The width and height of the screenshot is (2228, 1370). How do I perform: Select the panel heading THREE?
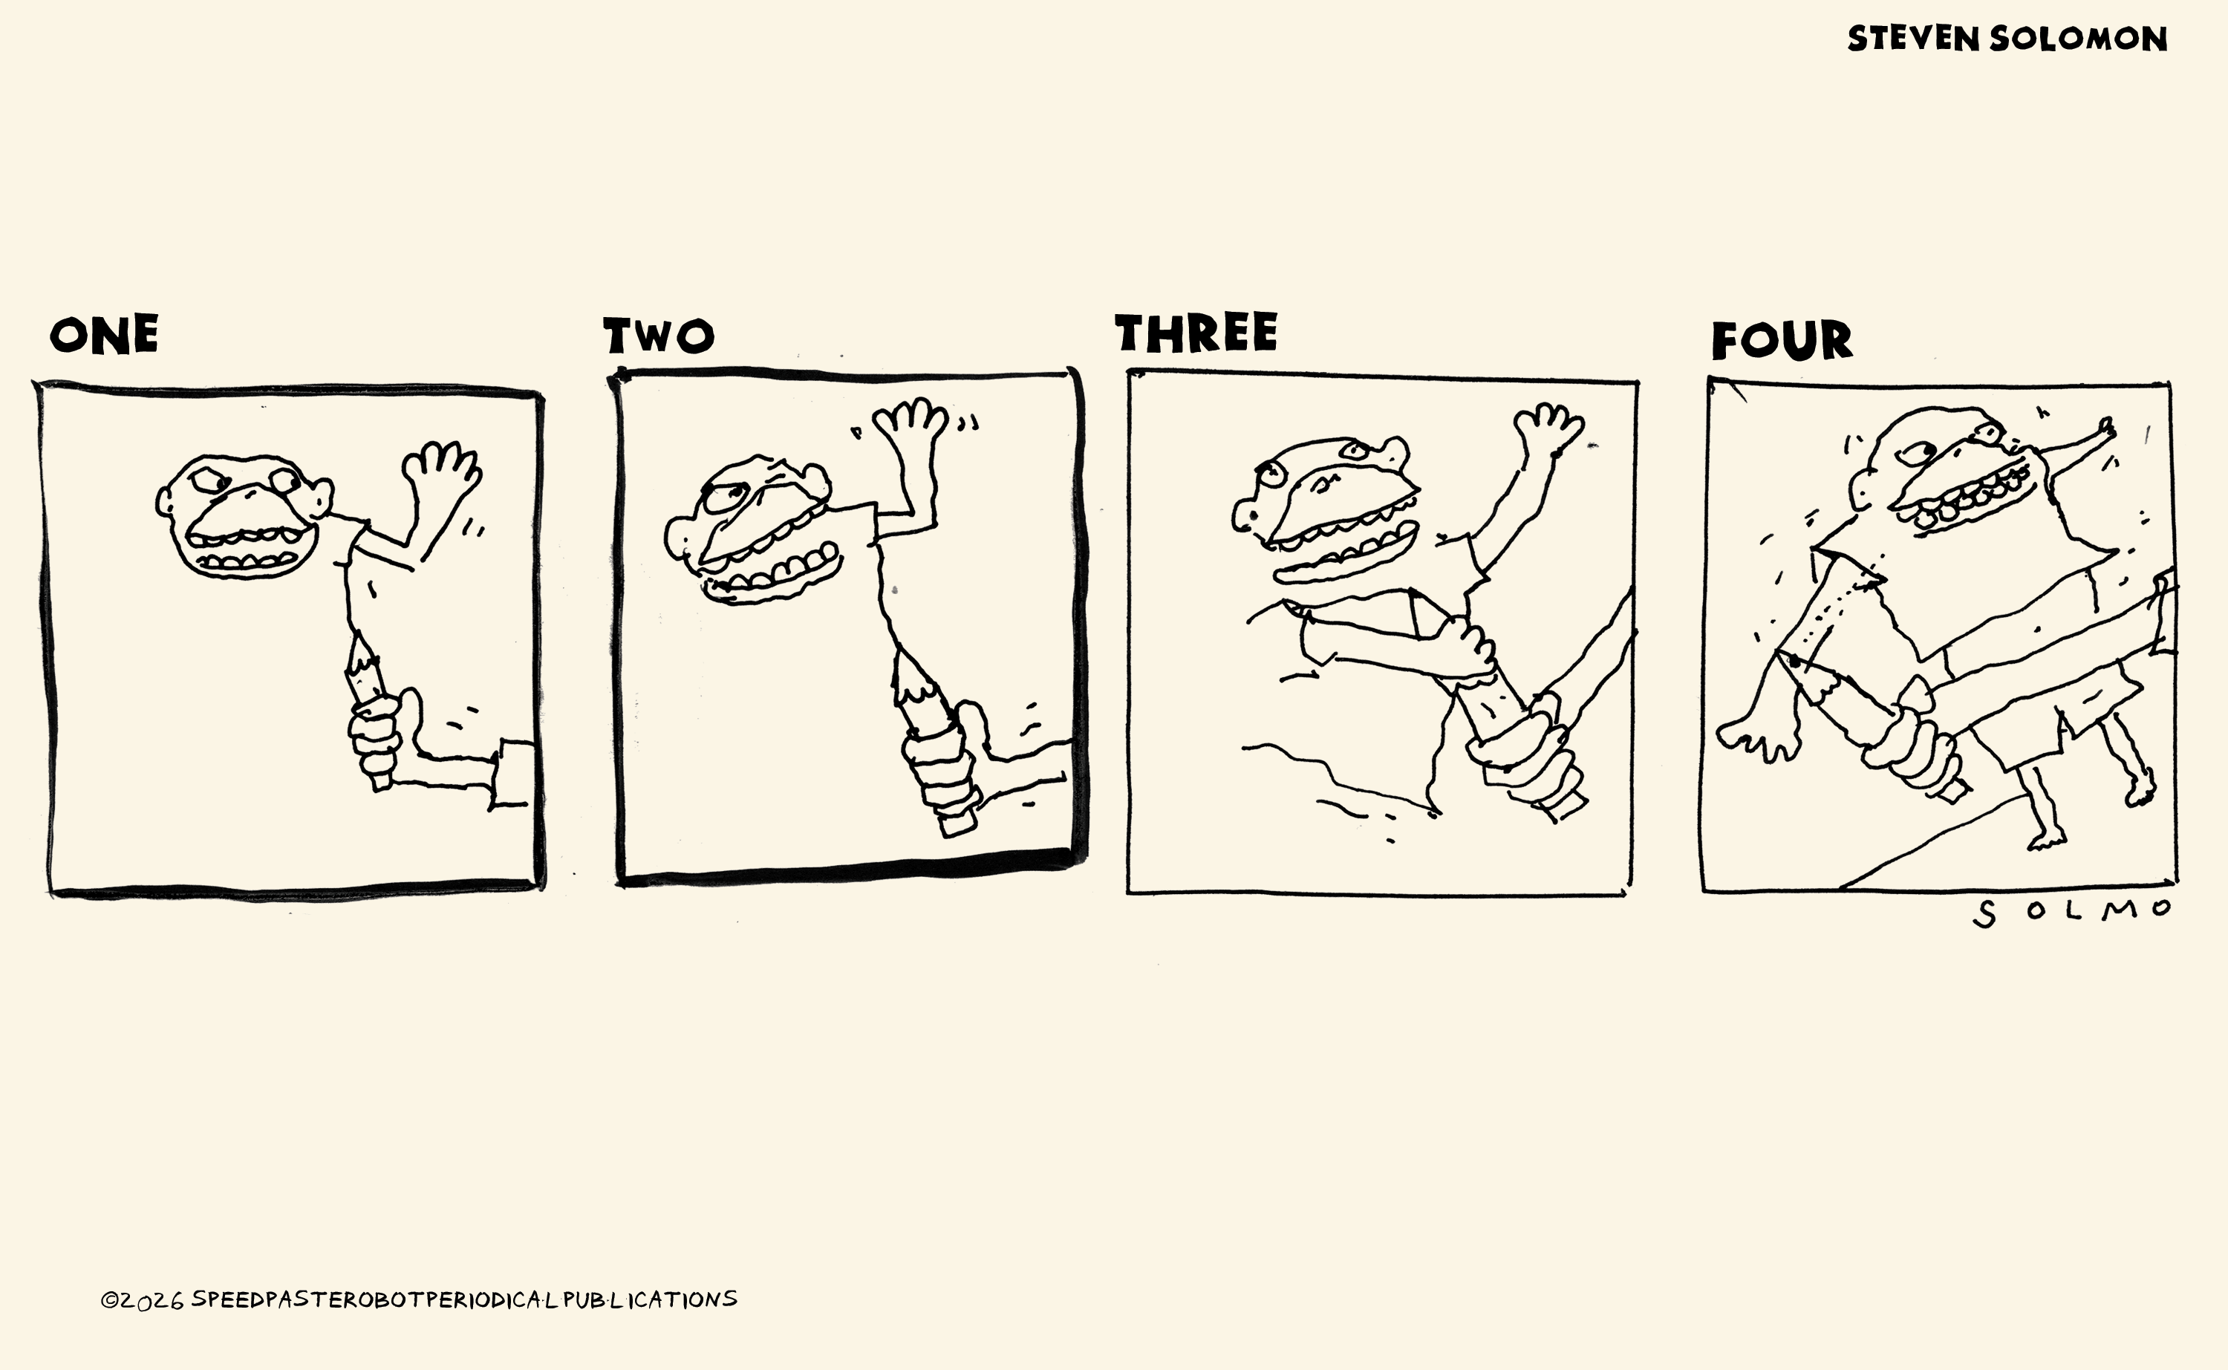(1196, 333)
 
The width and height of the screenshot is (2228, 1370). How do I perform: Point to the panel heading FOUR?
(1782, 341)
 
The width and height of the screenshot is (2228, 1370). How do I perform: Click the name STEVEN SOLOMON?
(2007, 39)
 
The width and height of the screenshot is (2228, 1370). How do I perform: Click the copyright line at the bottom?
(419, 1299)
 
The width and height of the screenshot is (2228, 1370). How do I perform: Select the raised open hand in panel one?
(441, 472)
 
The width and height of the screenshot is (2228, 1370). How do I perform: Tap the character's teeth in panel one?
(243, 549)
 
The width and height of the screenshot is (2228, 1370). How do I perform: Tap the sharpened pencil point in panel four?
(1799, 666)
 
